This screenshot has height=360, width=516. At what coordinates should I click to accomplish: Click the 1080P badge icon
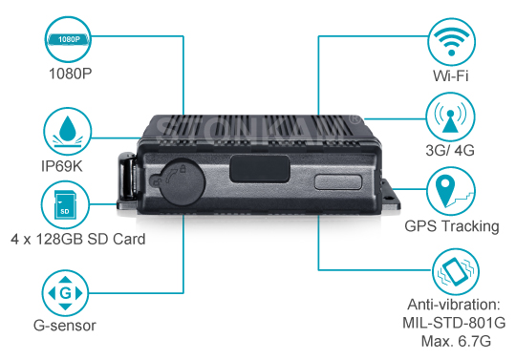68,39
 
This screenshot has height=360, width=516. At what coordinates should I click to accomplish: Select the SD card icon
65,204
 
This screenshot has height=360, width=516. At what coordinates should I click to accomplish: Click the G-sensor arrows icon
65,293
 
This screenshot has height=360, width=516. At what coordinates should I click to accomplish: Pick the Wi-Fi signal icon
451,42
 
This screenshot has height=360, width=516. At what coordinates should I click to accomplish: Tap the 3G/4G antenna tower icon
450,116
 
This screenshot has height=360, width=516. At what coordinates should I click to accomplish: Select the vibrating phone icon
456,271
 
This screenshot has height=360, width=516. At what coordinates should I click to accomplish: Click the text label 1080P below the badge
70,74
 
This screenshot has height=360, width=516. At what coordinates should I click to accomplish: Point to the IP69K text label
62,166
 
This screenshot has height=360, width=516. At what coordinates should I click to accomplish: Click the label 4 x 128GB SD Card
78,239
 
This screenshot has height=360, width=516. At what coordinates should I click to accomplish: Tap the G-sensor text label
65,326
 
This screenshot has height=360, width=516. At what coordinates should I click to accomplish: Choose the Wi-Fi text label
450,76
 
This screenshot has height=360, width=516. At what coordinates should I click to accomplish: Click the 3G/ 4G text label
450,151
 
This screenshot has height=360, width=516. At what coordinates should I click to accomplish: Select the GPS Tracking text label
452,226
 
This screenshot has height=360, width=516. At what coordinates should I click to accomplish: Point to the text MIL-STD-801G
454,323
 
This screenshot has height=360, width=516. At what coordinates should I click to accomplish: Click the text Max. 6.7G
456,341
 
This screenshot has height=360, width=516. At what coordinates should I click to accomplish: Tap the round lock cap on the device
182,181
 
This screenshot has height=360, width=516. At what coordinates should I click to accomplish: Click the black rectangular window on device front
260,169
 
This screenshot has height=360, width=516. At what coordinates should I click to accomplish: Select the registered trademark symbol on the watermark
355,118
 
